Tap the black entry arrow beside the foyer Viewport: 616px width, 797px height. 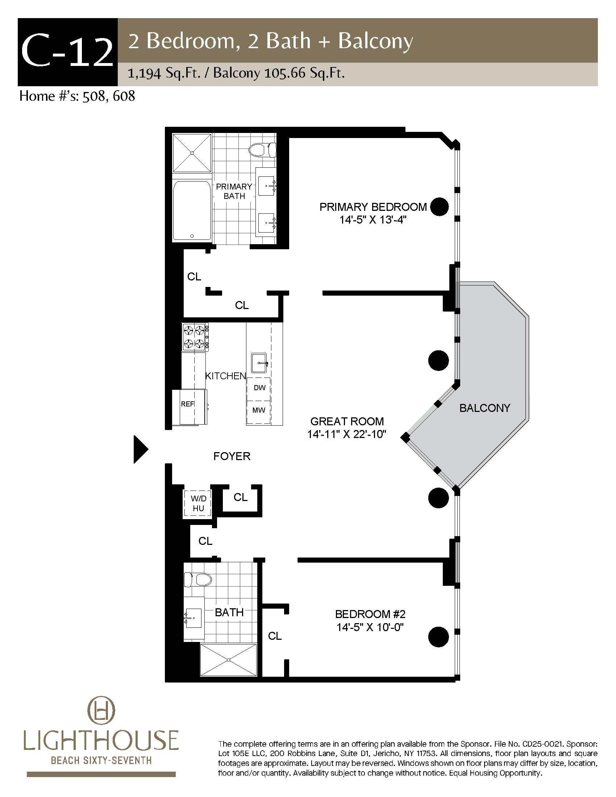click(141, 450)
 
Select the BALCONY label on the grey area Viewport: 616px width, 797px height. click(484, 408)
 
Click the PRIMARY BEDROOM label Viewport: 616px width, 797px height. click(373, 207)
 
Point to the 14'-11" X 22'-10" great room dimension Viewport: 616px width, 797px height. click(347, 434)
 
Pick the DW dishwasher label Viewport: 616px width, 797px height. click(259, 388)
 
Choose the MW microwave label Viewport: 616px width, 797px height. click(259, 410)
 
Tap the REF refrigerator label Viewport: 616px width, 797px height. click(188, 404)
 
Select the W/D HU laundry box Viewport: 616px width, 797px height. click(198, 503)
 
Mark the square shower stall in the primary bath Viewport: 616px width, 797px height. click(192, 153)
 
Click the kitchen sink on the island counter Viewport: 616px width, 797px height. click(259, 363)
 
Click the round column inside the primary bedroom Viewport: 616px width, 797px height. click(439, 207)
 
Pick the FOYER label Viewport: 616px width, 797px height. click(232, 456)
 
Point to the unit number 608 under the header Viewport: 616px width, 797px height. click(124, 96)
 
